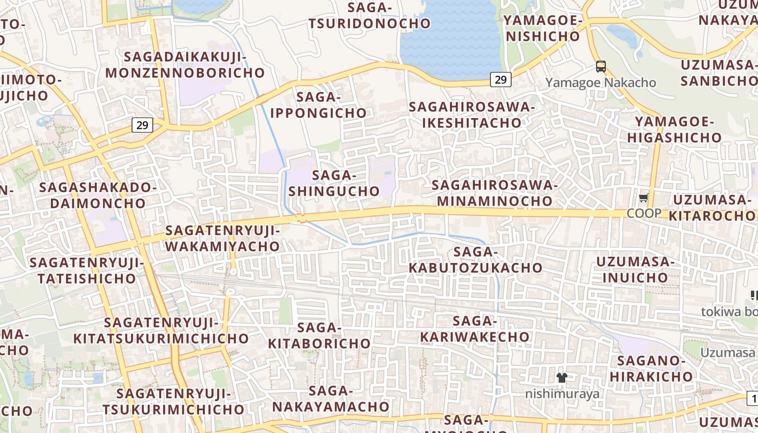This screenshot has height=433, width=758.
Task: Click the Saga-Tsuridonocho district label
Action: [x=370, y=15]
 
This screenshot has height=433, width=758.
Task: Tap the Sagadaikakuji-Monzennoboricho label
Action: [x=185, y=64]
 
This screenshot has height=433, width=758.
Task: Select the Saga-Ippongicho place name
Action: [x=318, y=105]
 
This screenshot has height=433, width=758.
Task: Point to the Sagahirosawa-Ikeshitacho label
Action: [x=472, y=114]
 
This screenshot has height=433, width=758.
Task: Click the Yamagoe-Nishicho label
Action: [x=543, y=28]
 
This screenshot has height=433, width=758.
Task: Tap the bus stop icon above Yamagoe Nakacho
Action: [x=601, y=67]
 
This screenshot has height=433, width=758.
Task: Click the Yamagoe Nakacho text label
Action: [x=600, y=83]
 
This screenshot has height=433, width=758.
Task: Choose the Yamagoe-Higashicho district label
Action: [x=675, y=129]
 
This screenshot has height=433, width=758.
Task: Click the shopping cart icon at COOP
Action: [x=644, y=198]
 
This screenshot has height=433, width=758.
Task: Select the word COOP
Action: [x=644, y=213]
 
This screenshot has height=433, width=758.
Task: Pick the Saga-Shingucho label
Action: [x=334, y=183]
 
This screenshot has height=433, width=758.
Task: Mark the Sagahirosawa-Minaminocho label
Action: [x=495, y=193]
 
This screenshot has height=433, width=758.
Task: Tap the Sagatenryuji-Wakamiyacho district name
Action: [x=223, y=238]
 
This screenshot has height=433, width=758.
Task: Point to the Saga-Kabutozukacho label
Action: [x=475, y=260]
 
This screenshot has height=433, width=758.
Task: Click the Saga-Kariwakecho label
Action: [x=475, y=329]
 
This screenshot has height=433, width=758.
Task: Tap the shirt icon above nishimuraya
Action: [x=562, y=377]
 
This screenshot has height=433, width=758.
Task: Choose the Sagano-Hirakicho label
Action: [x=656, y=368]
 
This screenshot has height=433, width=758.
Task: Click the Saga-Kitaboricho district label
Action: [x=319, y=335]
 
